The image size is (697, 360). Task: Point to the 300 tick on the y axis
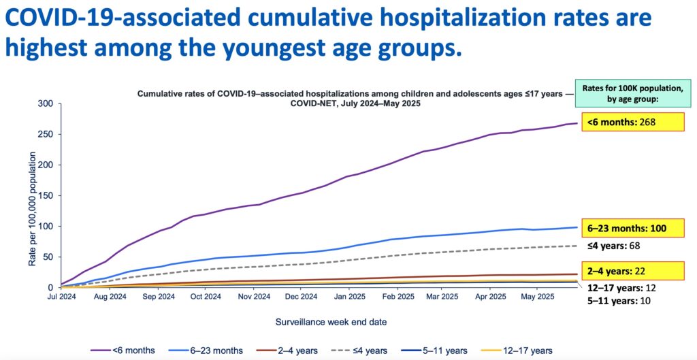coord(46,103)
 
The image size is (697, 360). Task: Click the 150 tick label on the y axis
coord(46,195)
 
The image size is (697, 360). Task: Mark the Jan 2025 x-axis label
coord(349,297)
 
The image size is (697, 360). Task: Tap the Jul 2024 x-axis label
coord(61,297)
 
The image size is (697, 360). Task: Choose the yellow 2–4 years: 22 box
coord(631,270)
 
